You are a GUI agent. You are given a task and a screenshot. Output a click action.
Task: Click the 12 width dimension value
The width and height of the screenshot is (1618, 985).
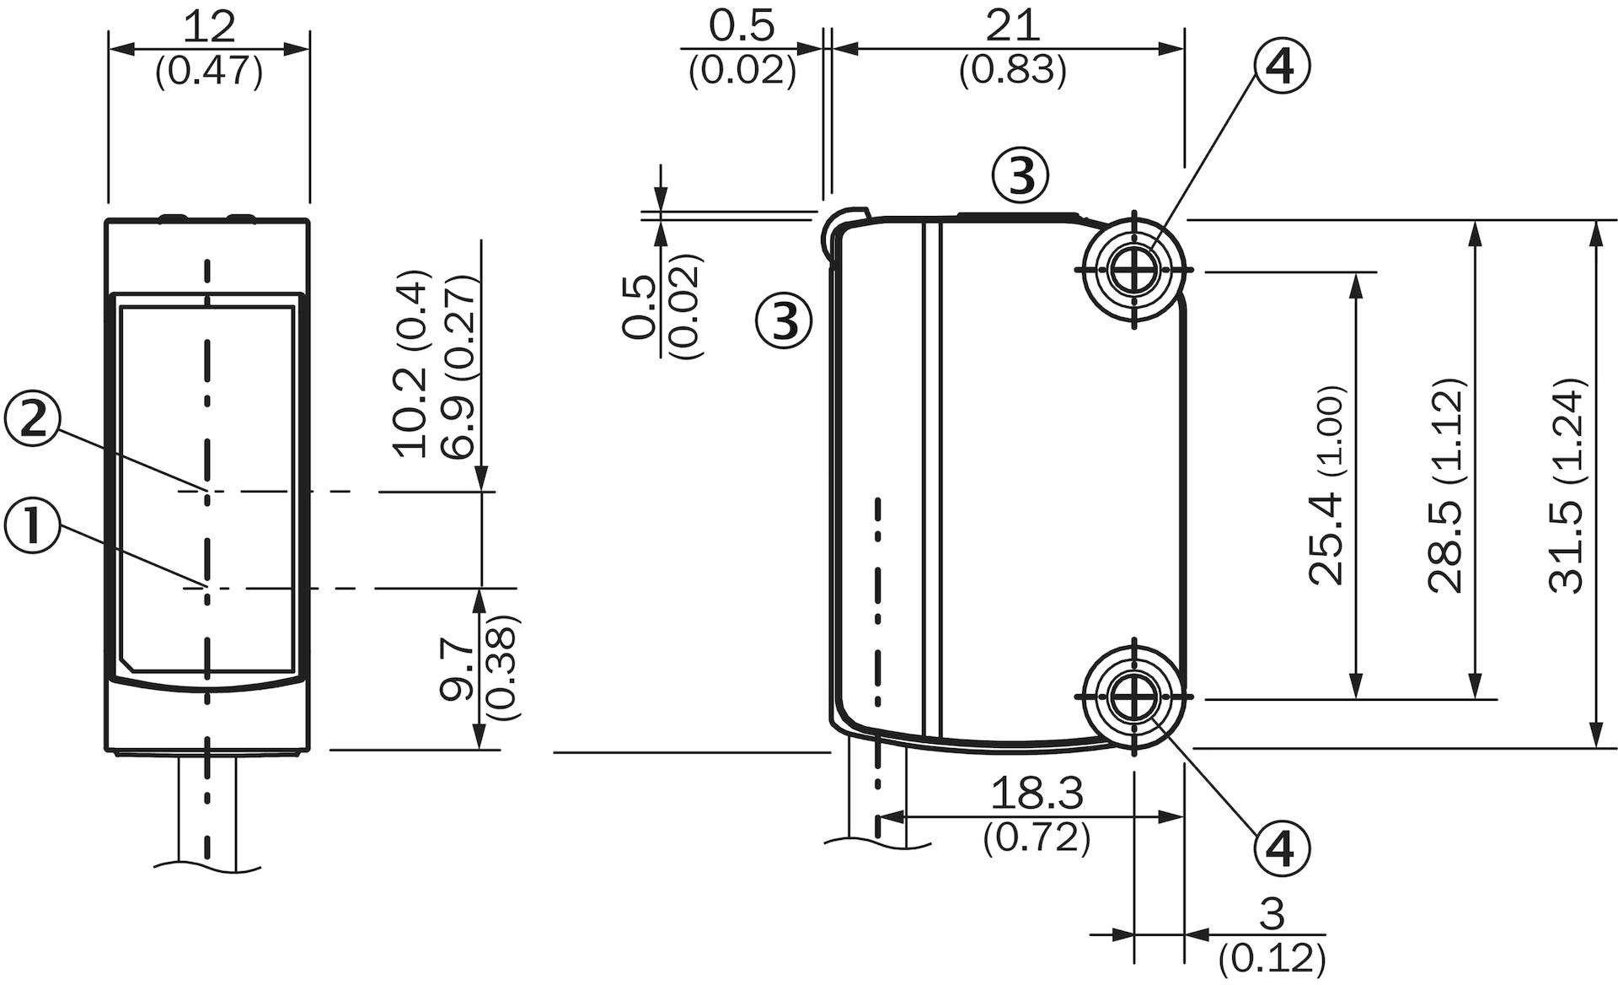(x=209, y=27)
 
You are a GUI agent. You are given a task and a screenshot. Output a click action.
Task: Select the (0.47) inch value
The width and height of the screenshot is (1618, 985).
(x=209, y=70)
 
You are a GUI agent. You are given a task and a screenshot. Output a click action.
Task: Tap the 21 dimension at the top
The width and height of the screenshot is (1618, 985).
(x=1012, y=26)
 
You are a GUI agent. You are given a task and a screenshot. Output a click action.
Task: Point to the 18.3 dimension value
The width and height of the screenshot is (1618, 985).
(x=1037, y=793)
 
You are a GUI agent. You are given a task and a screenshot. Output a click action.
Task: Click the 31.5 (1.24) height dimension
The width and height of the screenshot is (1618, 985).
(x=1567, y=485)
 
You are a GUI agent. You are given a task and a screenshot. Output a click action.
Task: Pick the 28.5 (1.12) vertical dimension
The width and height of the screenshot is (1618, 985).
(x=1447, y=485)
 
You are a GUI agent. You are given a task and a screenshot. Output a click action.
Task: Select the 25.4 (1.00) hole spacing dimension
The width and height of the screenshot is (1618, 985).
(x=1326, y=485)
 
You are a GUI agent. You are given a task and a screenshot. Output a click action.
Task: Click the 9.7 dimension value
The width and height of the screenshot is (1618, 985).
(x=458, y=669)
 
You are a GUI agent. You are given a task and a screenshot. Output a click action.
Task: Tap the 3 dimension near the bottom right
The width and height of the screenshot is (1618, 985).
(x=1272, y=913)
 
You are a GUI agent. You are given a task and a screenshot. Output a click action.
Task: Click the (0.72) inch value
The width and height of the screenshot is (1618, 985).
(x=1037, y=837)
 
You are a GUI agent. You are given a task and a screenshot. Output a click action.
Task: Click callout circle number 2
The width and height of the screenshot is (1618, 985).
(x=32, y=419)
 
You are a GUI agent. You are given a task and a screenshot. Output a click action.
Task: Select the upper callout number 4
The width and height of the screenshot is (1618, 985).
(x=1281, y=66)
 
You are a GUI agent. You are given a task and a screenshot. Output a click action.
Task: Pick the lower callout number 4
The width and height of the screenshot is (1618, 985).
(x=1281, y=848)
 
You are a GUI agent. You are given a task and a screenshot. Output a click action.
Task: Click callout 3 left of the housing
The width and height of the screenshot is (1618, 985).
(x=784, y=320)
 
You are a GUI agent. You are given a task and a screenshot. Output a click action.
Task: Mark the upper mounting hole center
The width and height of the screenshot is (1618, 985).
(x=1134, y=270)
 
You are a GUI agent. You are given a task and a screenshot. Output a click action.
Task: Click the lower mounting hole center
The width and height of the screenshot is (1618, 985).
(x=1134, y=697)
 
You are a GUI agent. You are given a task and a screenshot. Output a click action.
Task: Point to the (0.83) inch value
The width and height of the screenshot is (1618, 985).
(x=1012, y=70)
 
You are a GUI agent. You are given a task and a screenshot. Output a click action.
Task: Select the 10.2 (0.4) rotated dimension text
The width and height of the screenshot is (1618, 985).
(x=412, y=364)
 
